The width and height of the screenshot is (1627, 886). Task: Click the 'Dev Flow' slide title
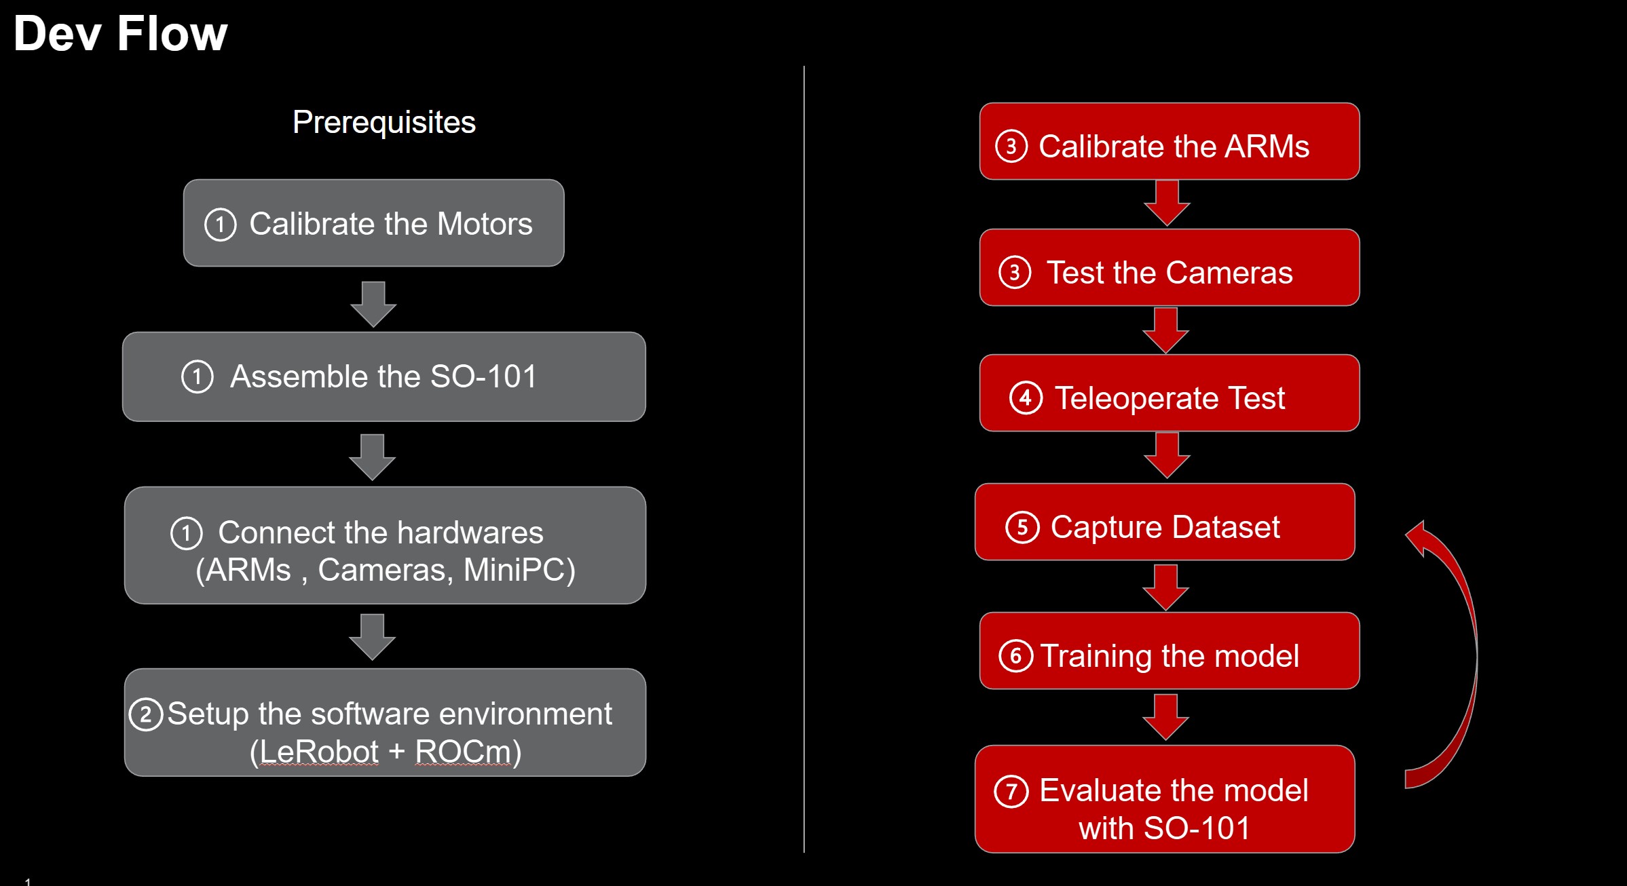pyautogui.click(x=120, y=34)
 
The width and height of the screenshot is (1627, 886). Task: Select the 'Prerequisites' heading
pyautogui.click(x=384, y=122)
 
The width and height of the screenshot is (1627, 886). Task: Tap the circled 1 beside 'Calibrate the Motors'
pyautogui.click(x=220, y=225)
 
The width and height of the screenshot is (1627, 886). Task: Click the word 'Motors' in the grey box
pyautogui.click(x=485, y=224)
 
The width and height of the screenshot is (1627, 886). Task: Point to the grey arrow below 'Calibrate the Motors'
pyautogui.click(x=373, y=303)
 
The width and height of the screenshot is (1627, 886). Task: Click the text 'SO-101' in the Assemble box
pyautogui.click(x=483, y=377)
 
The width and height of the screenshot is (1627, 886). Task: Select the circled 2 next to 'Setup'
pyautogui.click(x=145, y=714)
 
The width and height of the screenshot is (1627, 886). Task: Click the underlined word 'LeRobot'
pyautogui.click(x=319, y=752)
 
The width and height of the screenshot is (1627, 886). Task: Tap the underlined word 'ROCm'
pyautogui.click(x=463, y=752)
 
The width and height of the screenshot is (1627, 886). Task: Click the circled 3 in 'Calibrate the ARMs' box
pyautogui.click(x=1011, y=147)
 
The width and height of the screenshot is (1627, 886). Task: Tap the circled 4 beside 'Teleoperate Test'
pyautogui.click(x=1026, y=398)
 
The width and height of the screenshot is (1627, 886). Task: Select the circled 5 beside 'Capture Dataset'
pyautogui.click(x=1022, y=527)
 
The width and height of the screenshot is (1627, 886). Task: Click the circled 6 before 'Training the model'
pyautogui.click(x=1015, y=656)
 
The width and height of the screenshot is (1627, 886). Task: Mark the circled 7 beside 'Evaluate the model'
pyautogui.click(x=1011, y=791)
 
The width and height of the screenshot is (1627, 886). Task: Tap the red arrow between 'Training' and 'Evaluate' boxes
pyautogui.click(x=1165, y=717)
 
